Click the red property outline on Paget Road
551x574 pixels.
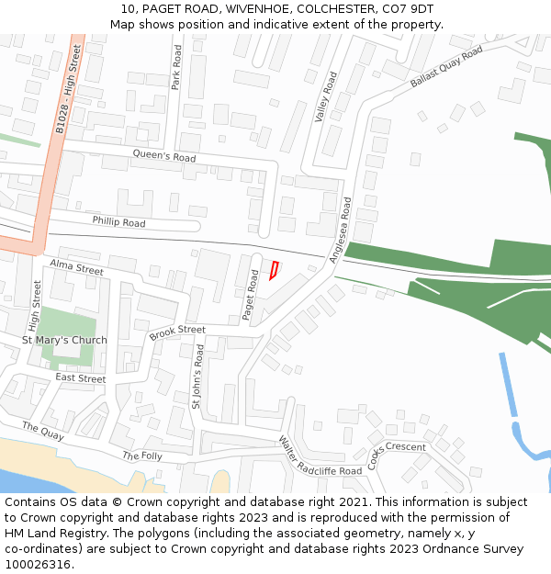pyautogui.click(x=274, y=269)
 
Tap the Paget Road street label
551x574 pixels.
pyautogui.click(x=250, y=295)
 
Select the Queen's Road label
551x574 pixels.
pyautogui.click(x=164, y=156)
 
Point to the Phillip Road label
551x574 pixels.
pyautogui.click(x=118, y=222)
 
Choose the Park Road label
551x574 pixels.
pyautogui.click(x=176, y=69)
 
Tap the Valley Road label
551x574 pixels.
pyautogui.click(x=326, y=97)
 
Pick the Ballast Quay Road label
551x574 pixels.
pyautogui.click(x=446, y=67)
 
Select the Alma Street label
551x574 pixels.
pyautogui.click(x=76, y=268)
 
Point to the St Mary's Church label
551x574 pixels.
pyautogui.click(x=64, y=340)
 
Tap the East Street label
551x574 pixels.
pyautogui.click(x=80, y=377)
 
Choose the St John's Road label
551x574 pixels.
pyautogui.click(x=197, y=376)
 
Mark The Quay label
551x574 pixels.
pyautogui.click(x=43, y=431)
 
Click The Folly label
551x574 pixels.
pyautogui.click(x=142, y=456)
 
